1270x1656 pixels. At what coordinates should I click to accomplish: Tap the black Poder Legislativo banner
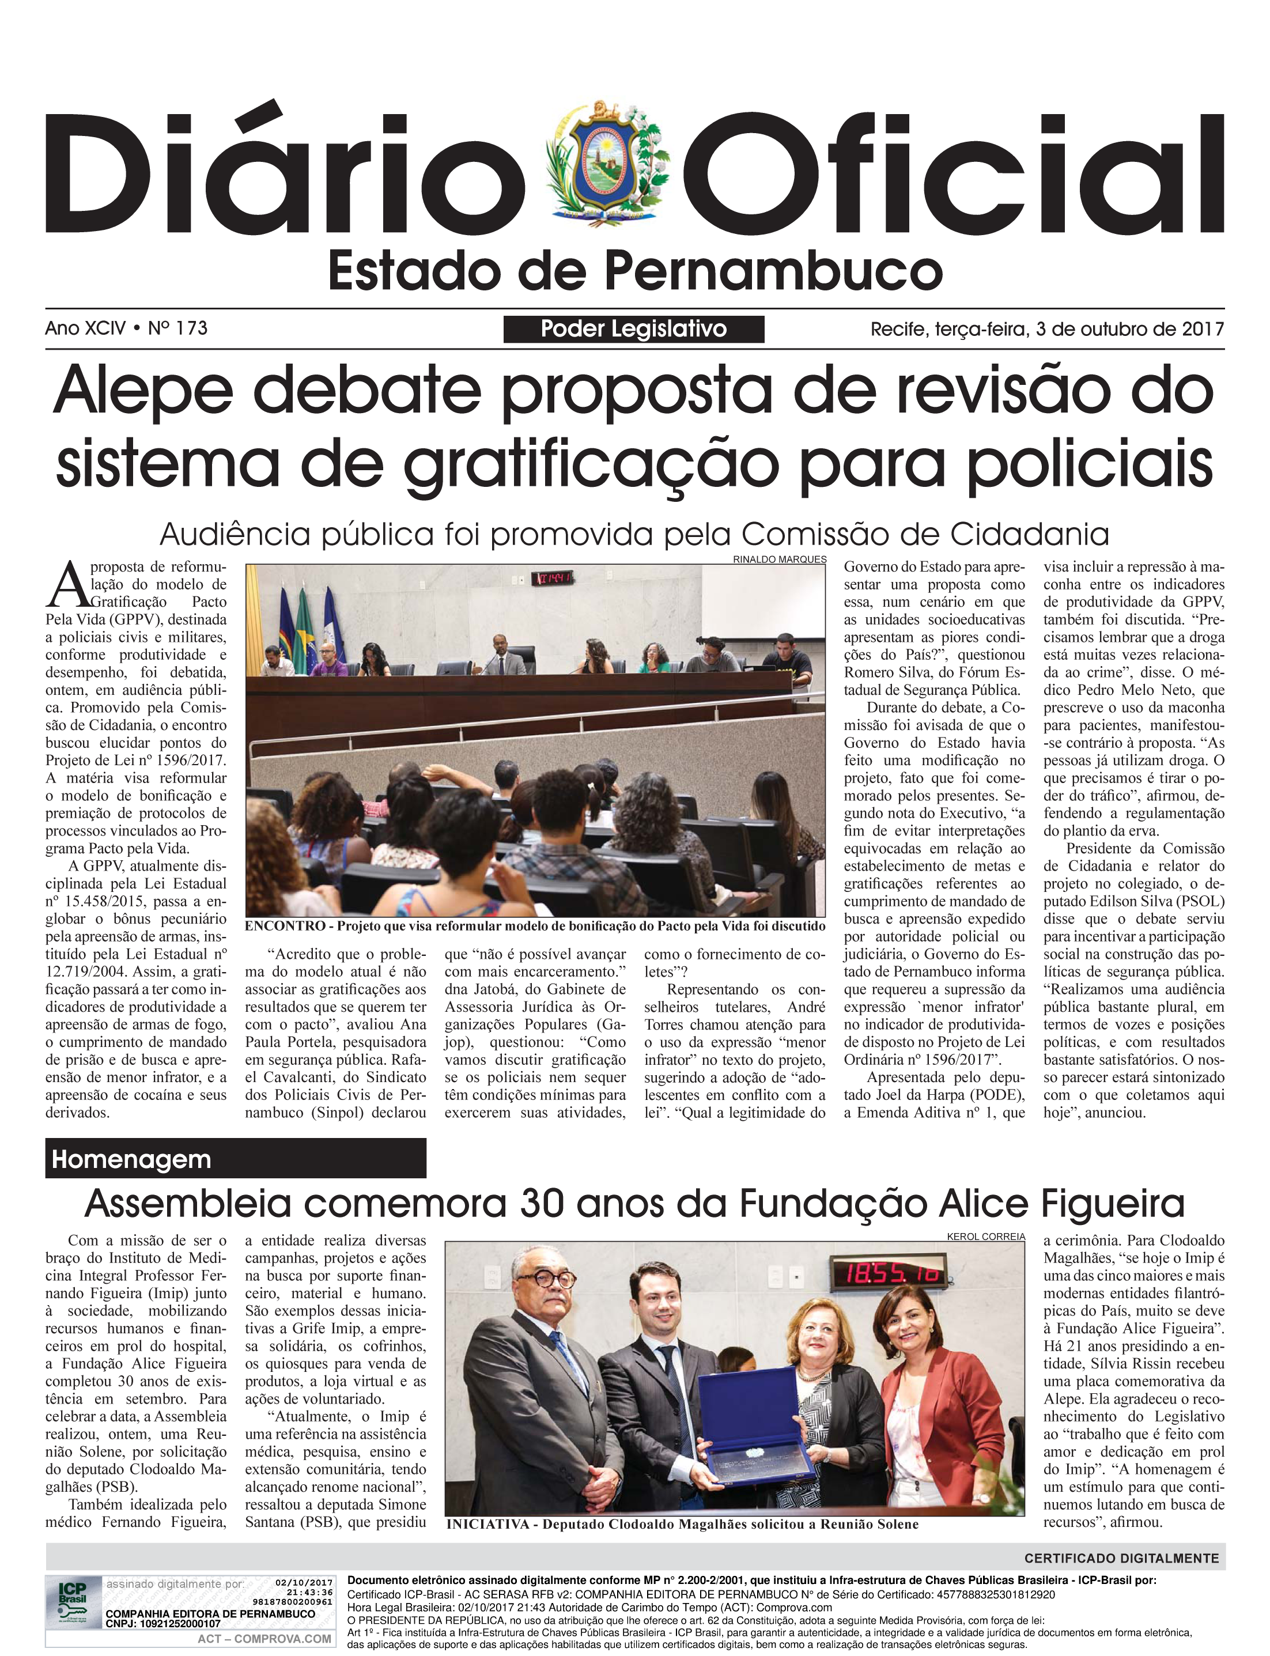pos(633,329)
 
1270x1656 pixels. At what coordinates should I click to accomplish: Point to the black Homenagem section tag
pos(235,1159)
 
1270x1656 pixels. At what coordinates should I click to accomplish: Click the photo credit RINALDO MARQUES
pos(780,559)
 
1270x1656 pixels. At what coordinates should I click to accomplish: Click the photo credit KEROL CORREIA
pos(986,1237)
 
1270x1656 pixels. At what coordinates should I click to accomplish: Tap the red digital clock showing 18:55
pos(891,1272)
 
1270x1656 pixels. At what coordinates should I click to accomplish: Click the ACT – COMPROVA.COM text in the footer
pos(264,1639)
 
